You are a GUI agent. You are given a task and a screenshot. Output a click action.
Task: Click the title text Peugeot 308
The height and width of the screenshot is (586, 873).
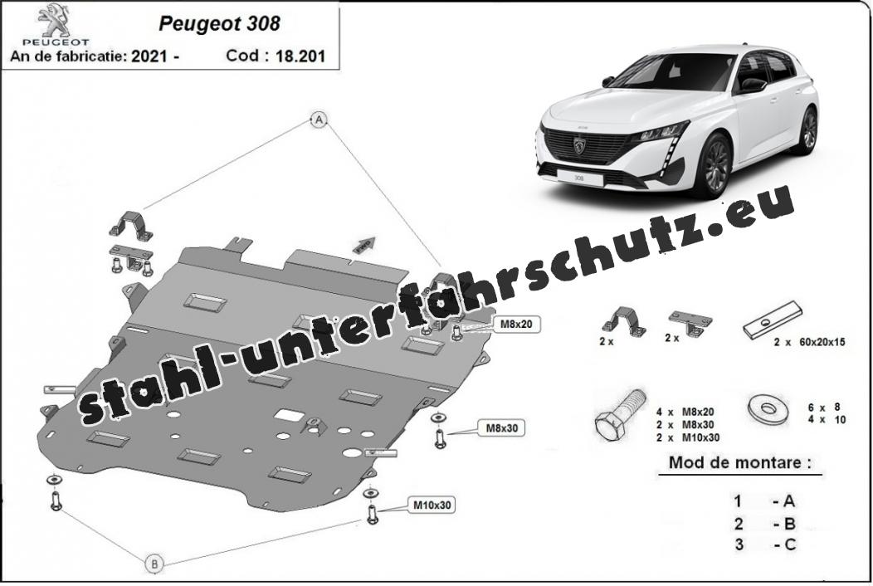[220, 23]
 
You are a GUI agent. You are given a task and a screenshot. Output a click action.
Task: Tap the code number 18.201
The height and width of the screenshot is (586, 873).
[300, 56]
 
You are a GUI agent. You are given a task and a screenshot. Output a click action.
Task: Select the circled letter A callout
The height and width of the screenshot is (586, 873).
[319, 120]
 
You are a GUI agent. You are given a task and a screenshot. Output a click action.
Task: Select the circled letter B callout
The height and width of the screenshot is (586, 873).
[155, 564]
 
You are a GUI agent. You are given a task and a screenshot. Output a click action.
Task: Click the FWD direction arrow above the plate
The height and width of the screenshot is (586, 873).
[363, 245]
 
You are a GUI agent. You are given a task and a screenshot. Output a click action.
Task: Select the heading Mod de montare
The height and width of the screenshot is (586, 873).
[739, 462]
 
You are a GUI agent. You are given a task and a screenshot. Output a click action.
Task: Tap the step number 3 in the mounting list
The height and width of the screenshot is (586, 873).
[739, 544]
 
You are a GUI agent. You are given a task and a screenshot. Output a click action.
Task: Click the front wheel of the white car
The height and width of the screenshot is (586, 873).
[715, 164]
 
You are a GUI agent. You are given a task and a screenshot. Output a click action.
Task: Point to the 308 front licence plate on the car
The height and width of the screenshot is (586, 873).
[579, 178]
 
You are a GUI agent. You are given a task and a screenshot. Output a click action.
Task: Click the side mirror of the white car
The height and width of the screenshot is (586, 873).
[752, 85]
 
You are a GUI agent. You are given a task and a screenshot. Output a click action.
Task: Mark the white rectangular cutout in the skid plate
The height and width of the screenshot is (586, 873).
[289, 414]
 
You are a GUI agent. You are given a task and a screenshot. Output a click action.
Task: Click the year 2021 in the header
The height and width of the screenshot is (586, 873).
[149, 56]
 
